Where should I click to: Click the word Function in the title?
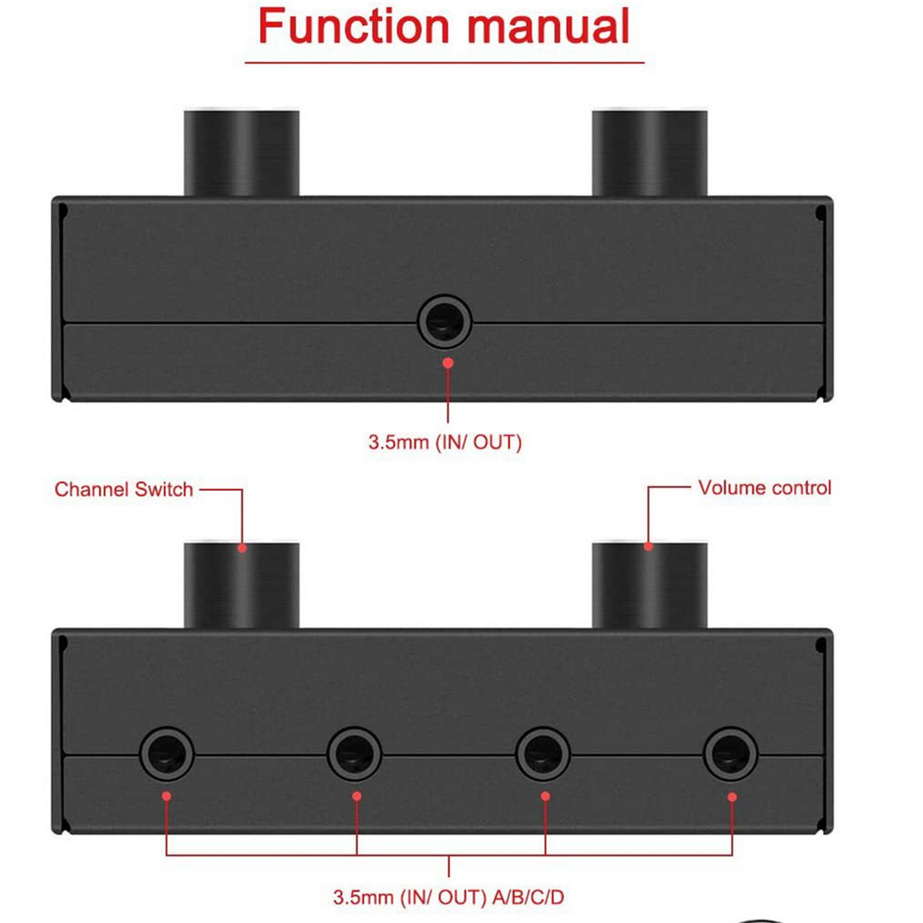click(x=353, y=27)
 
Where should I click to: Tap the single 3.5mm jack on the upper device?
click(x=444, y=321)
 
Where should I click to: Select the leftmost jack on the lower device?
click(x=167, y=754)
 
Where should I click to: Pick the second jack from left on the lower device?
click(x=354, y=754)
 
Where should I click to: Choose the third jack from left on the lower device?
click(x=543, y=754)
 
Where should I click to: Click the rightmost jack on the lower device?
click(x=730, y=754)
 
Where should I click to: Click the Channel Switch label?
click(x=123, y=489)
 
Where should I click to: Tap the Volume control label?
click(x=764, y=488)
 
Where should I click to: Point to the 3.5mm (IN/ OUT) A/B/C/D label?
click(x=448, y=897)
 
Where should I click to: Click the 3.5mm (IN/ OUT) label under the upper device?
click(x=445, y=442)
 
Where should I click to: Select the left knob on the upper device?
click(x=241, y=153)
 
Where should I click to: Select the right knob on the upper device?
click(x=650, y=153)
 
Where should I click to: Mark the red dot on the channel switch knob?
click(x=242, y=548)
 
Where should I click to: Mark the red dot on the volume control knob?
click(x=648, y=546)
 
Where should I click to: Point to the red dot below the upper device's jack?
click(x=448, y=363)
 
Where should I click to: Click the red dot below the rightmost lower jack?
click(x=732, y=797)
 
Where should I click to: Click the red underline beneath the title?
click(x=444, y=62)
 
